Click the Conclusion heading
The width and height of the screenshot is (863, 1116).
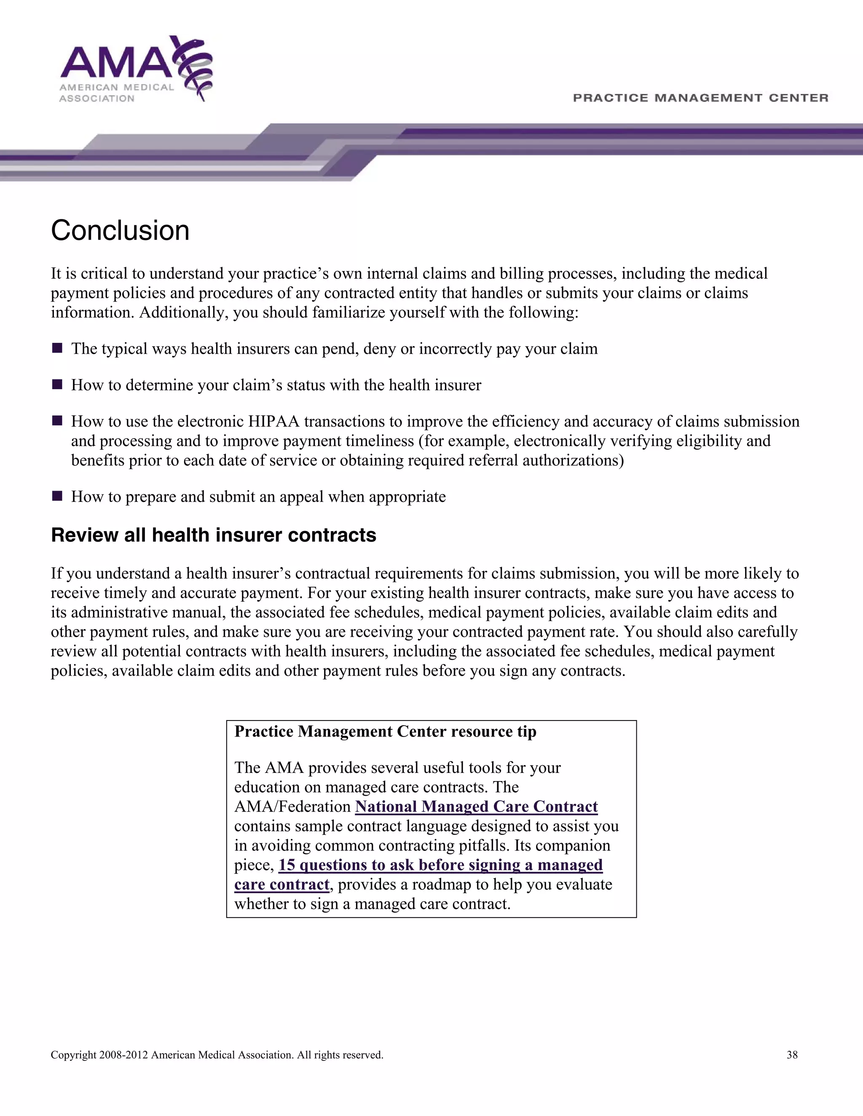coord(120,230)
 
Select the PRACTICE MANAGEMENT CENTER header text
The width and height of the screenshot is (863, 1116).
coord(700,98)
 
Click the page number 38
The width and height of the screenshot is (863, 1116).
coord(792,1055)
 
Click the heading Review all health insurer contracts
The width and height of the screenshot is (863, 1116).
coord(214,535)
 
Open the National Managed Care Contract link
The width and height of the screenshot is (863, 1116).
coord(476,806)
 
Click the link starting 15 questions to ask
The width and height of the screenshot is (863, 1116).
coord(440,865)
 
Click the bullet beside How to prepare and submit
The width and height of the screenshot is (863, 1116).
coord(57,496)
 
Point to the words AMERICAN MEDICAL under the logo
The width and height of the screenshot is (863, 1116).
coord(117,87)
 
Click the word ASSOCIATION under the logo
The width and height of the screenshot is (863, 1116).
coord(96,99)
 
